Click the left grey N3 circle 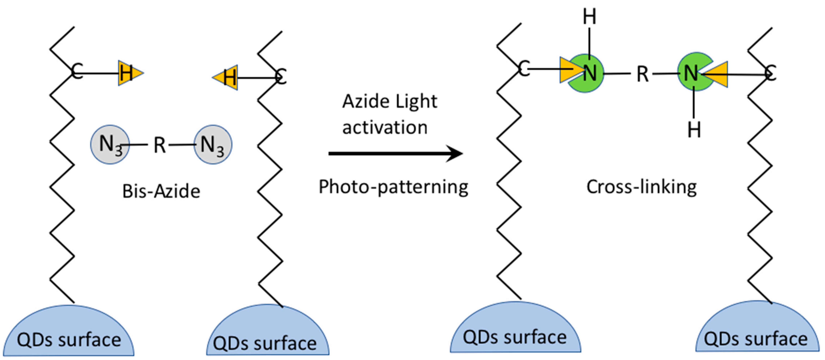click(110, 144)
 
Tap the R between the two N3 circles click(160, 145)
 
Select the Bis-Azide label click(161, 191)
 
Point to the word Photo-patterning click(393, 187)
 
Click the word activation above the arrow click(385, 127)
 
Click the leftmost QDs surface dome click(69, 333)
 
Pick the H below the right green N click(694, 130)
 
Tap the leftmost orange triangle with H click(128, 73)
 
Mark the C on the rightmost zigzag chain click(770, 73)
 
